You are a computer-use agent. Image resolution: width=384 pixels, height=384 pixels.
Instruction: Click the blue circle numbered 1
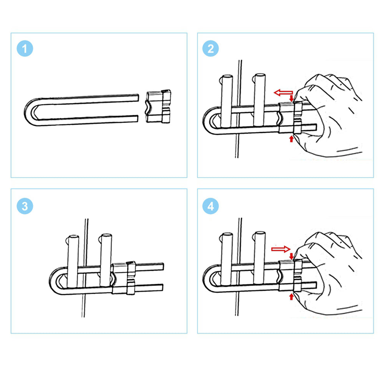(x=25, y=49)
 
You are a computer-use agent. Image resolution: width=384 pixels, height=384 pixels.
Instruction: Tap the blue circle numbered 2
(x=211, y=49)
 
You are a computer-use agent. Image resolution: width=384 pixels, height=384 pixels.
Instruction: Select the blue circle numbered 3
(x=25, y=206)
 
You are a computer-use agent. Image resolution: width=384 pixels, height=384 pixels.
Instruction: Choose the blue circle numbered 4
(x=211, y=206)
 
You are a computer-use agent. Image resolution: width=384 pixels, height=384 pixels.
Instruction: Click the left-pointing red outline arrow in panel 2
(x=283, y=92)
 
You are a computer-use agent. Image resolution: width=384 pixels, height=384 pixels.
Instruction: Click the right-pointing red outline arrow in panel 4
(x=281, y=249)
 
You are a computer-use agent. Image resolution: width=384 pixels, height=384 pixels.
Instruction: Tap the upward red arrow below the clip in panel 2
(x=291, y=138)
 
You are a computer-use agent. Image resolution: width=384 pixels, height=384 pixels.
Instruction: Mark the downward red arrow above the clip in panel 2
(x=291, y=98)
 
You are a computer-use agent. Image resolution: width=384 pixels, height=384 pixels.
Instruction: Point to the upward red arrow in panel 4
(x=291, y=296)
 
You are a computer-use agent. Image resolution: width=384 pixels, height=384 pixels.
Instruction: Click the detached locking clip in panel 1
(x=158, y=106)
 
